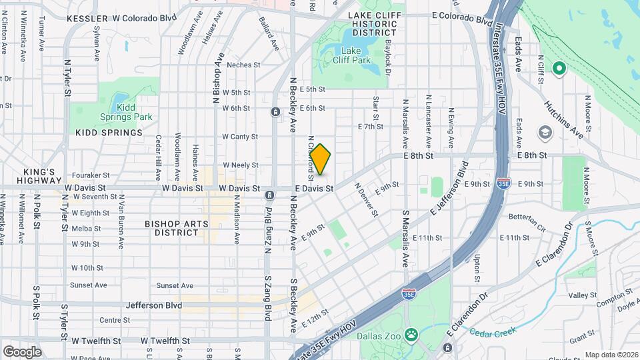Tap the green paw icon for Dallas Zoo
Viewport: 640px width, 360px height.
coord(412,333)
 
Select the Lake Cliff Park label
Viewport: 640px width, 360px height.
coord(355,55)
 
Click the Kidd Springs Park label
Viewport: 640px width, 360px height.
coord(134,112)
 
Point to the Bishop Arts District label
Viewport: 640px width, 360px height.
coord(172,228)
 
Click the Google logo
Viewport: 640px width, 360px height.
coord(22,351)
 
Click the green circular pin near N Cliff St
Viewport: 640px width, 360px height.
coord(559,68)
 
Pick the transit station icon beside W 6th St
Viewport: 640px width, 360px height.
coord(275,111)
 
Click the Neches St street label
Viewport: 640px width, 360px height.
coord(242,65)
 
